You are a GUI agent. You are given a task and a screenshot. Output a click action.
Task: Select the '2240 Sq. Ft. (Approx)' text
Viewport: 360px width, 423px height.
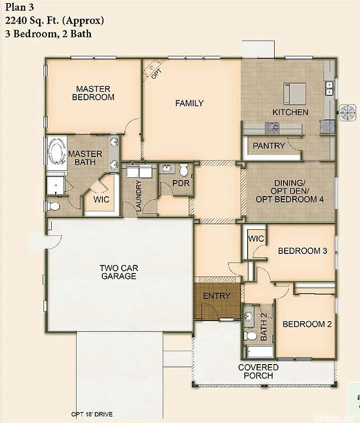54,21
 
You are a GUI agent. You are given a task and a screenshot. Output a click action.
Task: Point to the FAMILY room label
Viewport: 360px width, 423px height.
189,103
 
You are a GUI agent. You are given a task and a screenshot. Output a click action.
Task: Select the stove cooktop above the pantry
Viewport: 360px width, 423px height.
272,128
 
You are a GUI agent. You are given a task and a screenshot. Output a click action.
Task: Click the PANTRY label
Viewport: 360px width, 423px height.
269,146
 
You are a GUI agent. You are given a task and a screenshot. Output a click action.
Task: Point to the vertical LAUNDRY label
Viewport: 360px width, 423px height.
139,197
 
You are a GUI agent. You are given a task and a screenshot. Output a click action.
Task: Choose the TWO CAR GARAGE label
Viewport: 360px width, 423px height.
118,272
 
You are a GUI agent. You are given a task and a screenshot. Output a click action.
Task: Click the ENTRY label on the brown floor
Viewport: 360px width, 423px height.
216,296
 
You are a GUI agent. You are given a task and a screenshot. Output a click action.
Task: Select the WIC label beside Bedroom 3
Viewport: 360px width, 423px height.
256,238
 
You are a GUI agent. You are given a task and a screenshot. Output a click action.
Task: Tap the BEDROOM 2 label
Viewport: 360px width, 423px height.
307,324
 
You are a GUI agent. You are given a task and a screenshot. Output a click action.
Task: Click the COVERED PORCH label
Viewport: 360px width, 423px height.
258,371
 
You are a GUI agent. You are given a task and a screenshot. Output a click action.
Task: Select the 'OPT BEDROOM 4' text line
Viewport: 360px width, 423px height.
290,199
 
